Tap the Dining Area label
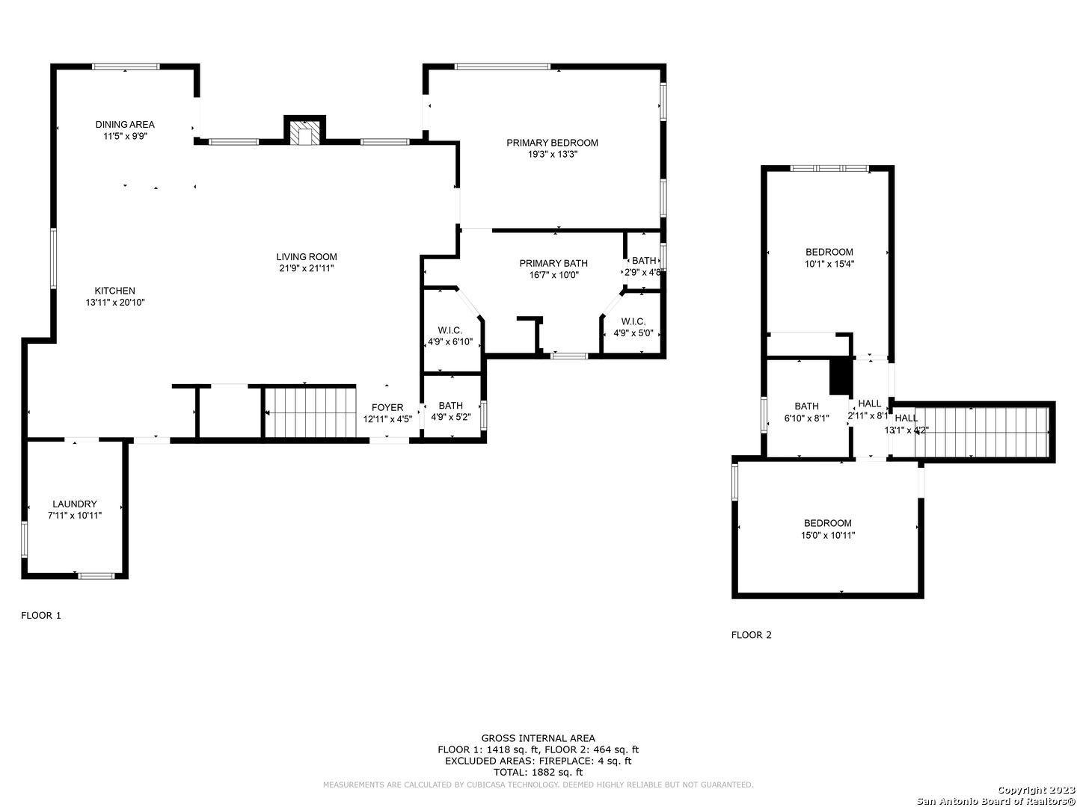coord(125,125)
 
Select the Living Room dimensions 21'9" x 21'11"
coord(306,268)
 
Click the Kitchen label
coord(115,291)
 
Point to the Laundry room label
coord(75,504)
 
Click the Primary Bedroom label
coord(552,143)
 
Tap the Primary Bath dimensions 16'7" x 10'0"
coord(553,275)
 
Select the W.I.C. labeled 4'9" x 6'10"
coord(450,336)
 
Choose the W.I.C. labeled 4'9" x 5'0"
coord(633,327)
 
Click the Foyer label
coord(387,407)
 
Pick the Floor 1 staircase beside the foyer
coord(310,412)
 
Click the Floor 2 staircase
coord(981,432)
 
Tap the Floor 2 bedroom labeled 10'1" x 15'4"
coord(829,258)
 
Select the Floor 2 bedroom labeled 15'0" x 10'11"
coord(828,529)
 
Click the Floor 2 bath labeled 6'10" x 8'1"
coord(807,412)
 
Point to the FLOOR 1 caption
coord(41,616)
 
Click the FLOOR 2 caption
coord(751,635)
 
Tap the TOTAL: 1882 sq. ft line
coord(538,772)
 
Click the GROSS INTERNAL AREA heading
coord(538,738)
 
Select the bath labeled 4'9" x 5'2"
coord(450,411)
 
